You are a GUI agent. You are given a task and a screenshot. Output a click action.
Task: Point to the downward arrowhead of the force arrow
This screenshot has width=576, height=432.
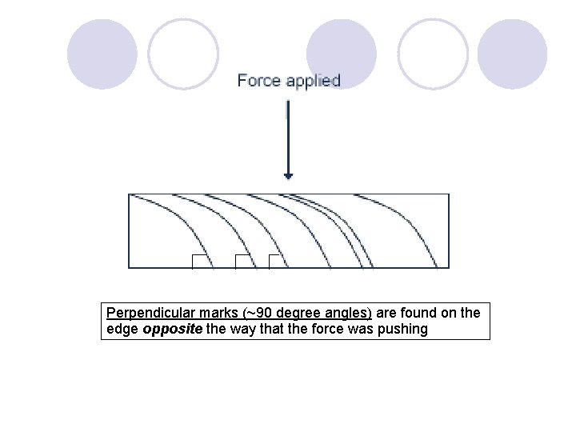coord(288,175)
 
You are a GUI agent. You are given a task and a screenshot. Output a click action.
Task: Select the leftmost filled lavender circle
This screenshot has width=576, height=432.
coord(102,54)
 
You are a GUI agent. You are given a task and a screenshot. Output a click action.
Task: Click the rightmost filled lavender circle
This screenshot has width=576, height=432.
coord(513,54)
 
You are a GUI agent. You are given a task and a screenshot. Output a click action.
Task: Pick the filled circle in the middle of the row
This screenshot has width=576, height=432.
coord(342,54)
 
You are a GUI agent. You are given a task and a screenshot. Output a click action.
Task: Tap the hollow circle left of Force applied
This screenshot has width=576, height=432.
coord(183,54)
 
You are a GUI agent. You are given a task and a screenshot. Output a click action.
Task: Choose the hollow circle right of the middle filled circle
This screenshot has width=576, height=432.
coord(433,54)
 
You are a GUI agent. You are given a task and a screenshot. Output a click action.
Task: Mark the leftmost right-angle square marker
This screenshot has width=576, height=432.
coord(199,261)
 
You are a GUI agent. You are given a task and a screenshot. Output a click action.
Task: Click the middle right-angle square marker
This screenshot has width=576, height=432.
coord(243,261)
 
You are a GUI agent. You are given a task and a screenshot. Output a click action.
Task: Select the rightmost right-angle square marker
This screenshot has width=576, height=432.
coord(276,261)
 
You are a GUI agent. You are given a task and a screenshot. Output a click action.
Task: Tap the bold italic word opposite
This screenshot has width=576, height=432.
coord(173,329)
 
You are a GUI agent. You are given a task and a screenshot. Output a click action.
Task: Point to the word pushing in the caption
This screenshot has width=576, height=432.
coord(403,329)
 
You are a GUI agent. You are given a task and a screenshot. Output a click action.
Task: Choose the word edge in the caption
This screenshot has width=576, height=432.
coord(122,329)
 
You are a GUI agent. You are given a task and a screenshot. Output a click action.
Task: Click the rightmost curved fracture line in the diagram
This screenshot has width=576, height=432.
coord(417,232)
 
